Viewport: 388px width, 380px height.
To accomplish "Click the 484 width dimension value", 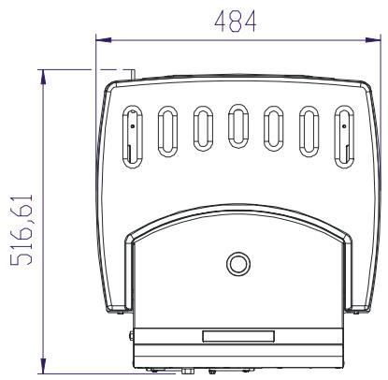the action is click(x=236, y=22).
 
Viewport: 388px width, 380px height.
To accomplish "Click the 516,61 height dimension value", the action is click(x=22, y=230).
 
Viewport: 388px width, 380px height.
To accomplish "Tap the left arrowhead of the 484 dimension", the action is click(x=104, y=40).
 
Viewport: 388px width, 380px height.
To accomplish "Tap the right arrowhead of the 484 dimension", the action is click(x=373, y=39).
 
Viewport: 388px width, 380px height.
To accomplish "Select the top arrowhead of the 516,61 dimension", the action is click(x=43, y=77).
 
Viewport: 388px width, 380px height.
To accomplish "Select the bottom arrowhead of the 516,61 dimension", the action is click(x=43, y=366).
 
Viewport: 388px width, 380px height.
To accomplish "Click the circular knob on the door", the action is click(x=238, y=264).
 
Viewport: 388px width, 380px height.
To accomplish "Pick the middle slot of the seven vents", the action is click(x=238, y=126).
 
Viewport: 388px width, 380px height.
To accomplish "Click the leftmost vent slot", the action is click(x=133, y=137).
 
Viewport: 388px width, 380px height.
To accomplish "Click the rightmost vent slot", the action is click(x=345, y=137).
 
